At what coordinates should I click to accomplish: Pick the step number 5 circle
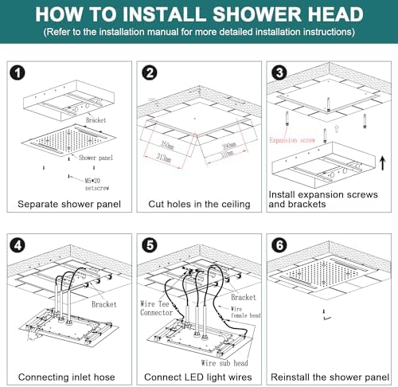149,245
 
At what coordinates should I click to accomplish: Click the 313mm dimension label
164,156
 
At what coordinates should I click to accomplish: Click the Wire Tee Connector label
158,307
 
